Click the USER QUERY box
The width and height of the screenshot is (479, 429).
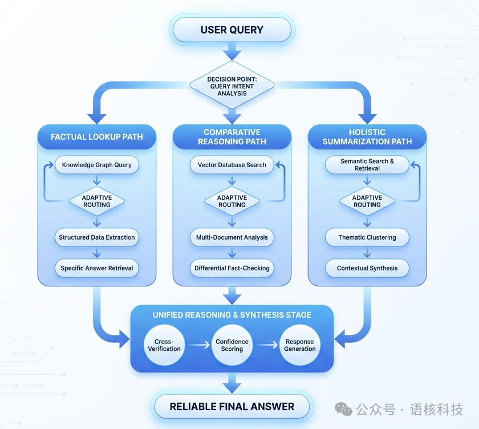pos(232,30)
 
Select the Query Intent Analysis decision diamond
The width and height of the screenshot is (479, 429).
pos(232,86)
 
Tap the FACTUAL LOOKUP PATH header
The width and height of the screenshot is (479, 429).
pos(96,137)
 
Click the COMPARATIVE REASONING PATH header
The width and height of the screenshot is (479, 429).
pos(232,137)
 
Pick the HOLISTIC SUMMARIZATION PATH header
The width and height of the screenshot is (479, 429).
pos(367,137)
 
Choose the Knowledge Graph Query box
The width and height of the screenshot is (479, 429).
pos(96,165)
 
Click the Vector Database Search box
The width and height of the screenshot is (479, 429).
pos(232,165)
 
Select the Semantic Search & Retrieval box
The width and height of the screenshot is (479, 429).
pos(367,165)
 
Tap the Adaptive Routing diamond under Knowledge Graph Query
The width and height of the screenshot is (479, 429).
pos(97,201)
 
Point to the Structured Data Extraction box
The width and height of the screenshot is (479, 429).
pos(97,237)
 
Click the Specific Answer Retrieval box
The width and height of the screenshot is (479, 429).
pos(97,268)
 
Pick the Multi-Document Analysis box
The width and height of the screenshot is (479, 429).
pos(232,237)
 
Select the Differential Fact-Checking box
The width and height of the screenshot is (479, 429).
pos(232,268)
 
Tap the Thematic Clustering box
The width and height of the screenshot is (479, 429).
pos(367,237)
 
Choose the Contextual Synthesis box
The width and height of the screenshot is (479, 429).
pos(367,268)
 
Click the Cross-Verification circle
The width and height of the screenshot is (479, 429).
pos(164,345)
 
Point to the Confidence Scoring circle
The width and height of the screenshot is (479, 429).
pos(232,345)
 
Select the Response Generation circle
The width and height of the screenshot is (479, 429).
pos(299,345)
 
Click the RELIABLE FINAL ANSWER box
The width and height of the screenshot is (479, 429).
pos(232,407)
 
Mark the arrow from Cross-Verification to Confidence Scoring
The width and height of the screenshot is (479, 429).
pos(198,345)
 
